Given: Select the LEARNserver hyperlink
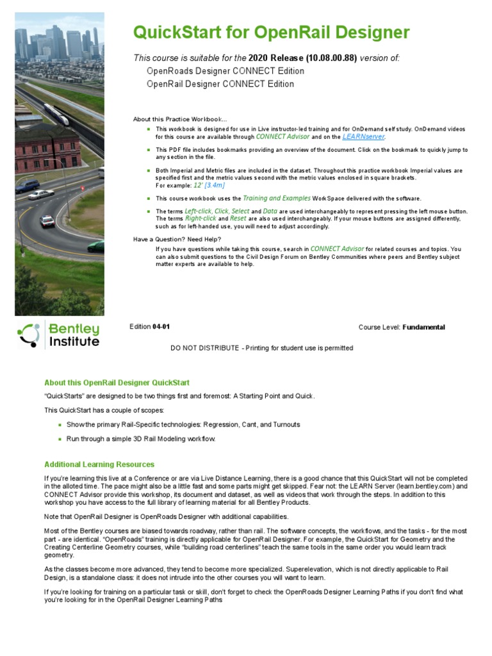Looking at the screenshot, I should (x=364, y=136).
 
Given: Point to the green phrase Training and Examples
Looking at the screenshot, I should (x=277, y=199).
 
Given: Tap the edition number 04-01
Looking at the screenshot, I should (x=161, y=327).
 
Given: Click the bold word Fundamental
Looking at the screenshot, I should (x=423, y=327).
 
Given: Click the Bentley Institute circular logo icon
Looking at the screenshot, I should (x=29, y=335).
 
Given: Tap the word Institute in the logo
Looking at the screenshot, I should (x=74, y=342).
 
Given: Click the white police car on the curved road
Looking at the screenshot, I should (x=47, y=220).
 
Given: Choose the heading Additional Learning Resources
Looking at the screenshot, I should (x=99, y=464).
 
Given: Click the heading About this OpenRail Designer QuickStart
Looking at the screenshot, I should (x=117, y=382).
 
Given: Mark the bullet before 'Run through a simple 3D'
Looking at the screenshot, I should (x=60, y=439).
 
